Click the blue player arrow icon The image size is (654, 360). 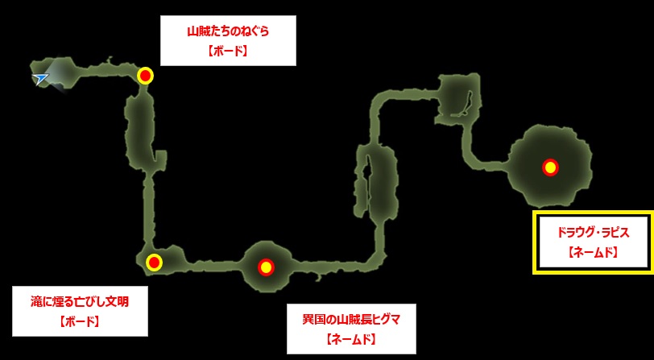[40, 78]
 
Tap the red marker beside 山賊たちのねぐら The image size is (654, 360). [145, 76]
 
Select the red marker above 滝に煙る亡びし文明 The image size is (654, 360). [155, 263]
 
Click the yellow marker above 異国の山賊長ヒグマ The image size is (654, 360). [266, 267]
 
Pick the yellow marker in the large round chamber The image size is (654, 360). [550, 168]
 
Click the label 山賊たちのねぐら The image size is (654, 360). [228, 32]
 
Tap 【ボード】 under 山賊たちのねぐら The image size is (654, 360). [228, 52]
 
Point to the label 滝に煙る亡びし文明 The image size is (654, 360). [80, 301]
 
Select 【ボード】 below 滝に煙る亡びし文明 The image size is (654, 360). [80, 321]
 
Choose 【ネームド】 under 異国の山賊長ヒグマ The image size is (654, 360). [351, 340]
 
